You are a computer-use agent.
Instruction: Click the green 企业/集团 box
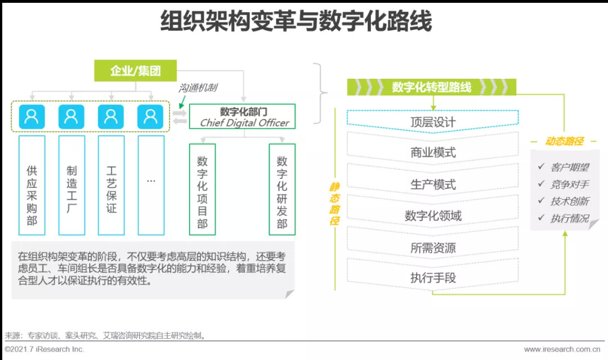tap(135, 71)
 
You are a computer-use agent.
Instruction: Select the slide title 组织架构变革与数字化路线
tap(296, 22)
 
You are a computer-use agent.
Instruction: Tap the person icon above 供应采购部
tap(32, 116)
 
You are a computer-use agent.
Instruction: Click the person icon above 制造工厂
tap(71, 116)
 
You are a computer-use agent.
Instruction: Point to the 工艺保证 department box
tap(111, 185)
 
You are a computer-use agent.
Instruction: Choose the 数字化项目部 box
tap(203, 189)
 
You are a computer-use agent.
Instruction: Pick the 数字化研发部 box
tap(282, 189)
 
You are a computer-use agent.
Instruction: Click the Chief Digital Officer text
tap(244, 123)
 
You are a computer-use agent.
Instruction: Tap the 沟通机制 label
tap(198, 88)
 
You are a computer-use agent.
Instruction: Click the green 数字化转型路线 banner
tap(431, 87)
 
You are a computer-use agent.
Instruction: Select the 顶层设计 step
tap(432, 121)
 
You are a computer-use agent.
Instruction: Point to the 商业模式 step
tap(432, 152)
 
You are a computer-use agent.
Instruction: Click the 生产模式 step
tap(432, 184)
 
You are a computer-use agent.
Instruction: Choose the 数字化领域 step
tap(432, 215)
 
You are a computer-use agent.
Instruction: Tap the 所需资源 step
tap(432, 247)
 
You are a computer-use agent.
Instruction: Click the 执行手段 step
tap(432, 278)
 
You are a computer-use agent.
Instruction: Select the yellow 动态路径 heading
tap(564, 142)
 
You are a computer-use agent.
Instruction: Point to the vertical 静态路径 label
tap(335, 204)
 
